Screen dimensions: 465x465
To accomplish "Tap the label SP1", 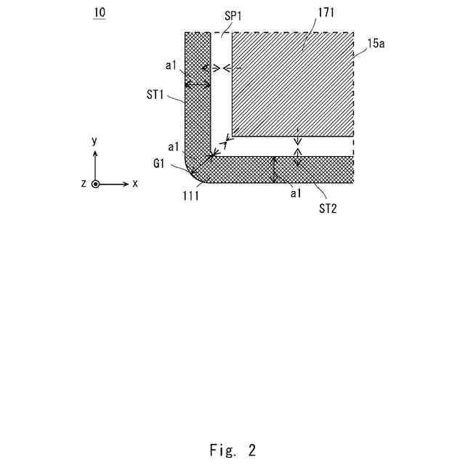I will (x=234, y=15).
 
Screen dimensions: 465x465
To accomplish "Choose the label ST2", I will (x=328, y=208).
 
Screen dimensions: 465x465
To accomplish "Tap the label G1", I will (x=161, y=165).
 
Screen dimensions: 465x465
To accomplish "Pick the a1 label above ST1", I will (x=171, y=66).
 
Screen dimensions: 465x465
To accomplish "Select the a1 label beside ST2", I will (x=294, y=193).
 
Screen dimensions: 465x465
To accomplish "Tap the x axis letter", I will (x=135, y=184).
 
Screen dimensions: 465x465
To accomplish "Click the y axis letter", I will (x=95, y=141).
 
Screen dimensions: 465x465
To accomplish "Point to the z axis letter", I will (x=84, y=184).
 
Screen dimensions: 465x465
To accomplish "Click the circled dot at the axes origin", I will (x=95, y=184).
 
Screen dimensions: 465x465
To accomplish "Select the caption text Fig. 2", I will (x=232, y=450).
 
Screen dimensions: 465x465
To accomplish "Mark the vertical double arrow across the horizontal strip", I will (x=274, y=169).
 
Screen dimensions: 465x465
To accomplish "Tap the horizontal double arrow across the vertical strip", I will (x=198, y=85).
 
